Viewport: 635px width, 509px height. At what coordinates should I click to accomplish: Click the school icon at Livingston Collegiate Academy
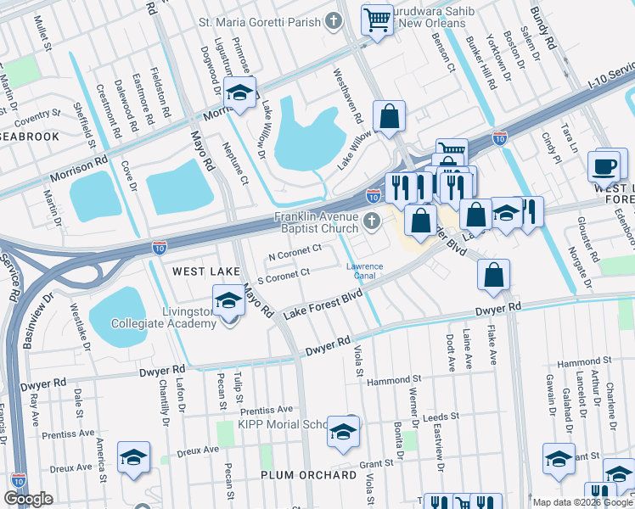(228, 300)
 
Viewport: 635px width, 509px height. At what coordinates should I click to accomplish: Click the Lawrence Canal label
(363, 271)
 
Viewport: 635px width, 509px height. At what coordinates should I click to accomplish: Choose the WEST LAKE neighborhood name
(202, 271)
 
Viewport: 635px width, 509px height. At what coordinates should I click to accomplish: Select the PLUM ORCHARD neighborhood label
(308, 475)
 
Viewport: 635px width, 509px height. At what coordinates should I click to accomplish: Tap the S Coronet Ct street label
(282, 272)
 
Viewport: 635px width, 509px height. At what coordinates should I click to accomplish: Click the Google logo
(27, 499)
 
